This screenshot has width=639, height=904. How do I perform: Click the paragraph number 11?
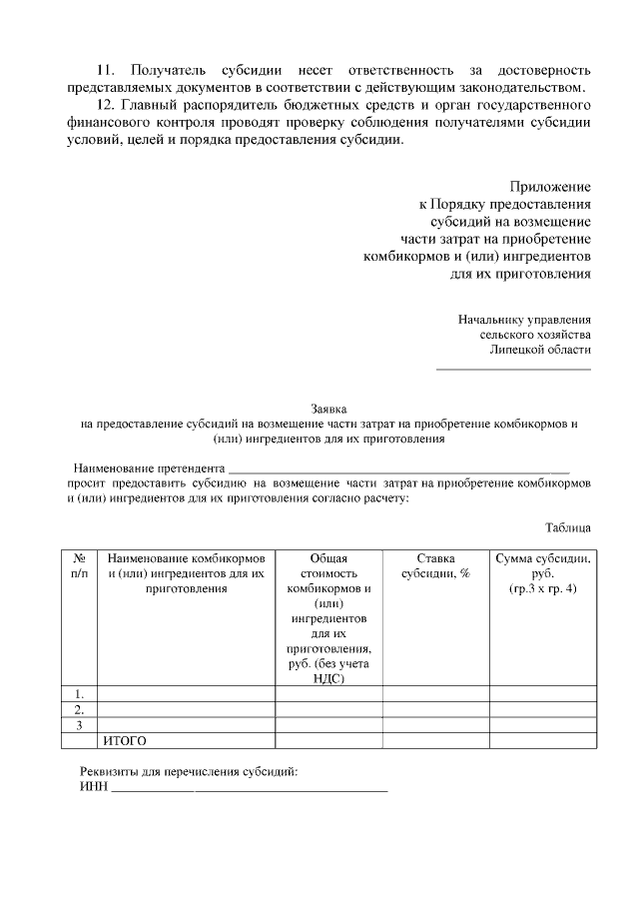tap(105, 71)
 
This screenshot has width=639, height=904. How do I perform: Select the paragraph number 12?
tap(105, 106)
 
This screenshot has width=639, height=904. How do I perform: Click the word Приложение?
tap(549, 187)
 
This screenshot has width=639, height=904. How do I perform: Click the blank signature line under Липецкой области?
tap(513, 370)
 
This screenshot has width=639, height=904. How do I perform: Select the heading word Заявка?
tap(328, 409)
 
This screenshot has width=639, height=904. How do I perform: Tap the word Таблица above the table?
tap(567, 526)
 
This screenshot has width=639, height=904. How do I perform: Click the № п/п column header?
tap(79, 566)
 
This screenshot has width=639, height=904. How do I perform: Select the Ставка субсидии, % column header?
tap(435, 566)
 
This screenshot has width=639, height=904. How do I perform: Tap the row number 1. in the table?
tap(79, 693)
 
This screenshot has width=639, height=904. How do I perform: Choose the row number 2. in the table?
tap(79, 709)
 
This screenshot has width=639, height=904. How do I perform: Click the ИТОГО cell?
tap(125, 740)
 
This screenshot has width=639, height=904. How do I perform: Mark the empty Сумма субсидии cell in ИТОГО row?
tap(543, 740)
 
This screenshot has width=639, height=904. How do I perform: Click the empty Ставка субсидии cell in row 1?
tap(435, 693)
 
